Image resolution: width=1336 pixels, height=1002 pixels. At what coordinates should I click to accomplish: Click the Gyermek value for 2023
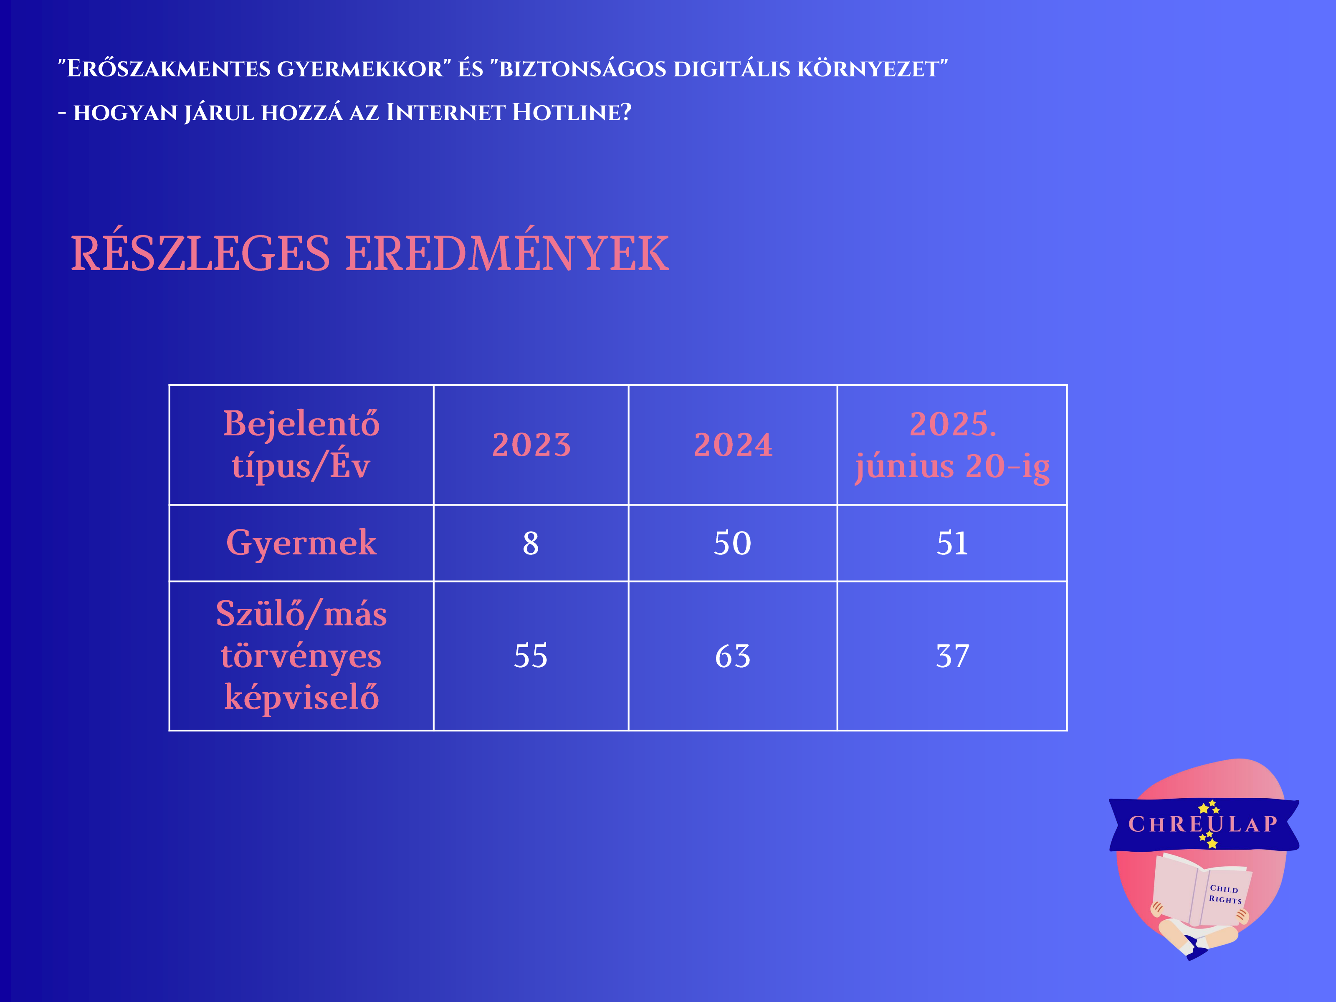[x=531, y=543]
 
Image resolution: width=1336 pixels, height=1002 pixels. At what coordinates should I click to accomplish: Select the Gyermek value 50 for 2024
[x=733, y=543]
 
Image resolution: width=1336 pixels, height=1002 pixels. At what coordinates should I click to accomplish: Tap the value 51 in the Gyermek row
[x=952, y=543]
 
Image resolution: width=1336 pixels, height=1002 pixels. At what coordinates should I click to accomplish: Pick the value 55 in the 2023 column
[x=531, y=656]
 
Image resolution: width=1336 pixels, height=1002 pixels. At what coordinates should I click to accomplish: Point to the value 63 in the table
[x=733, y=656]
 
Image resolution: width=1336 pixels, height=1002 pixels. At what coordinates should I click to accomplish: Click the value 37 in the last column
[x=952, y=656]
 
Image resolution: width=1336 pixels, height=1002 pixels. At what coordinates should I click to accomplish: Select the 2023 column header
[x=531, y=445]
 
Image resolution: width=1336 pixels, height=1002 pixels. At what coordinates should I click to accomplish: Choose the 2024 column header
[x=733, y=445]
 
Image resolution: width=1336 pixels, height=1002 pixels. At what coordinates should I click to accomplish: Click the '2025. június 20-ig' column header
[x=952, y=445]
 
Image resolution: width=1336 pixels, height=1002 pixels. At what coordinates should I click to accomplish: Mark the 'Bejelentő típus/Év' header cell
[x=301, y=445]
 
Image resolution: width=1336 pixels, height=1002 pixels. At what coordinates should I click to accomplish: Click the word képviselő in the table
[x=301, y=698]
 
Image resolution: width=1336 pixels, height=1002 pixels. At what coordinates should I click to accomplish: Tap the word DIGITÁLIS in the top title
[x=732, y=69]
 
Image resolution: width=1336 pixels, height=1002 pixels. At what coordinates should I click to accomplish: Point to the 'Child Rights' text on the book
[x=1225, y=894]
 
